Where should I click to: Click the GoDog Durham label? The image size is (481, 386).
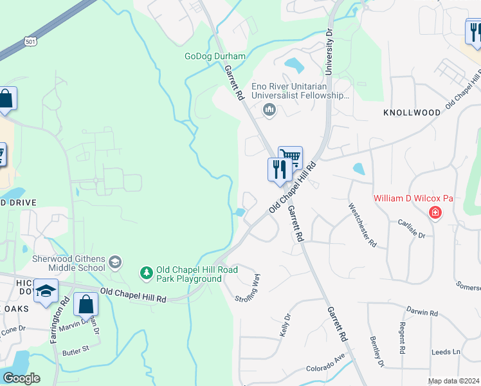coord(215,57)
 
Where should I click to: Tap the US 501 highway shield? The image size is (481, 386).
coord(30,41)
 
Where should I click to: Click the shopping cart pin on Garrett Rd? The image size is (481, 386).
coord(291,156)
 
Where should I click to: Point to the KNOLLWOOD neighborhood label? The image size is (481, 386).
coord(412,113)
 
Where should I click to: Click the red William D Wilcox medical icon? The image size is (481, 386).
coord(435,212)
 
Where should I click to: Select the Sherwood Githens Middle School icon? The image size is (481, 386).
coord(114,261)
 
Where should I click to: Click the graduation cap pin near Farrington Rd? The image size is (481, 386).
coord(46,291)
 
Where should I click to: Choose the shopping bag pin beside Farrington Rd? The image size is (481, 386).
coord(86,304)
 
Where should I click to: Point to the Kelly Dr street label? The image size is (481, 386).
coord(286,323)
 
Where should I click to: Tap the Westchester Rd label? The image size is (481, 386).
coord(362,225)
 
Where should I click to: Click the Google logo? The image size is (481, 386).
coord(21,378)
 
